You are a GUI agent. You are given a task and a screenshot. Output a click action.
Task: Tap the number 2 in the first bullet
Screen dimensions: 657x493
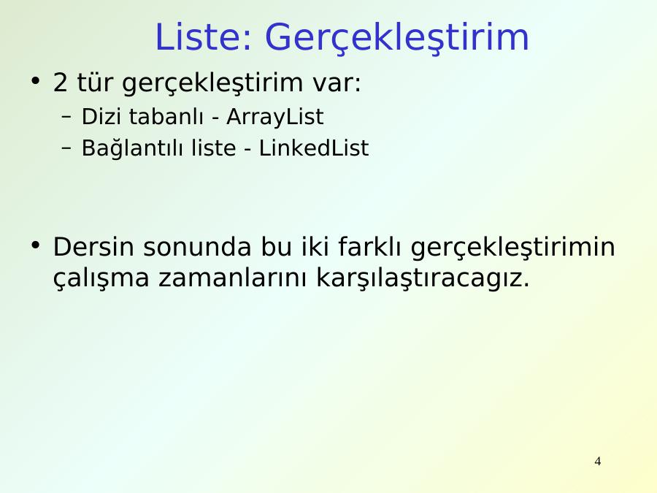coord(60,82)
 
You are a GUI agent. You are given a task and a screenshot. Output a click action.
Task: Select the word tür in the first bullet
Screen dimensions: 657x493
coord(95,82)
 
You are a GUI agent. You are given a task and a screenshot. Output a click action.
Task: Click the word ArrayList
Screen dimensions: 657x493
coord(275,117)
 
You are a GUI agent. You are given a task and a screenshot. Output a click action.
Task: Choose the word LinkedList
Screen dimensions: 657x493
coord(314,148)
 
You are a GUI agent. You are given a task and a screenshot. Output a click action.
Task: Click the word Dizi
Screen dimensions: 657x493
coord(101,117)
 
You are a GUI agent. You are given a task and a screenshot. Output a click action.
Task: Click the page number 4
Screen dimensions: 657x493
coord(597,461)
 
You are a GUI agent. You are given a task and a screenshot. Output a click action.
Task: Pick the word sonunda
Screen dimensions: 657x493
coord(197,247)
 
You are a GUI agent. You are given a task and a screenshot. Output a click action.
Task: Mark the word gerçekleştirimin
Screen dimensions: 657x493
coord(513,248)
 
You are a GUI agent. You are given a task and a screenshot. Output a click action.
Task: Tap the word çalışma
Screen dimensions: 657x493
coord(101,278)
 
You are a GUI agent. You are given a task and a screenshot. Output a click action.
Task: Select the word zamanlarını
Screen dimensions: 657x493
coord(233,278)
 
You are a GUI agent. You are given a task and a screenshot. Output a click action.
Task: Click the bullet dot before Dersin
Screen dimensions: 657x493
coord(36,245)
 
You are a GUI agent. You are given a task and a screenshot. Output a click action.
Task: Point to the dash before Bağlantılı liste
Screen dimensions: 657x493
coord(66,148)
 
